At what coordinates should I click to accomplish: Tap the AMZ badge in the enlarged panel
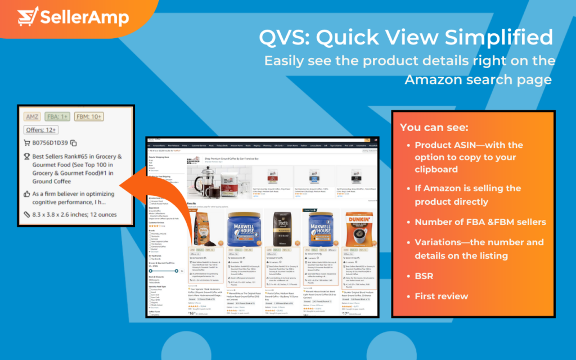(x=31, y=117)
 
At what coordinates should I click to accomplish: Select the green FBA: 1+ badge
(x=57, y=117)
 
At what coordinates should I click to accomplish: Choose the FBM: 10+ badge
(x=89, y=117)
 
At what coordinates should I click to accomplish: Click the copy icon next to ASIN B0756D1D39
(x=74, y=143)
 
